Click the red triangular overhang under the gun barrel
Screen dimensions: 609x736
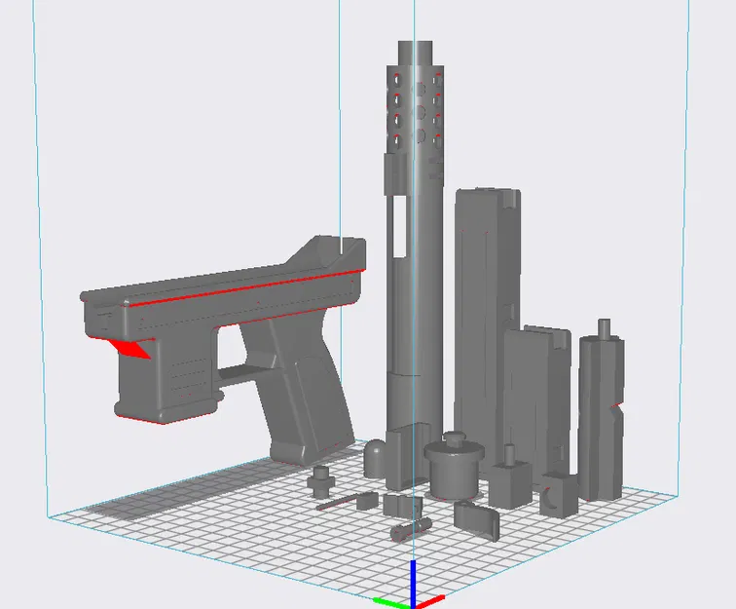[x=130, y=348]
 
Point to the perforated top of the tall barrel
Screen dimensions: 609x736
[x=418, y=97]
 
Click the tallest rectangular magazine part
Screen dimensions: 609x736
[x=485, y=312]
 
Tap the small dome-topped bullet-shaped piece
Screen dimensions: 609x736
[x=377, y=458]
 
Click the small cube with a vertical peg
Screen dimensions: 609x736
[x=509, y=482]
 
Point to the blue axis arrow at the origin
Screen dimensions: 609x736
[x=413, y=579]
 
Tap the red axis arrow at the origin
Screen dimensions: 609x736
[x=430, y=599]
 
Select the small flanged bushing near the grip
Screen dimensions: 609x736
[x=321, y=478]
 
